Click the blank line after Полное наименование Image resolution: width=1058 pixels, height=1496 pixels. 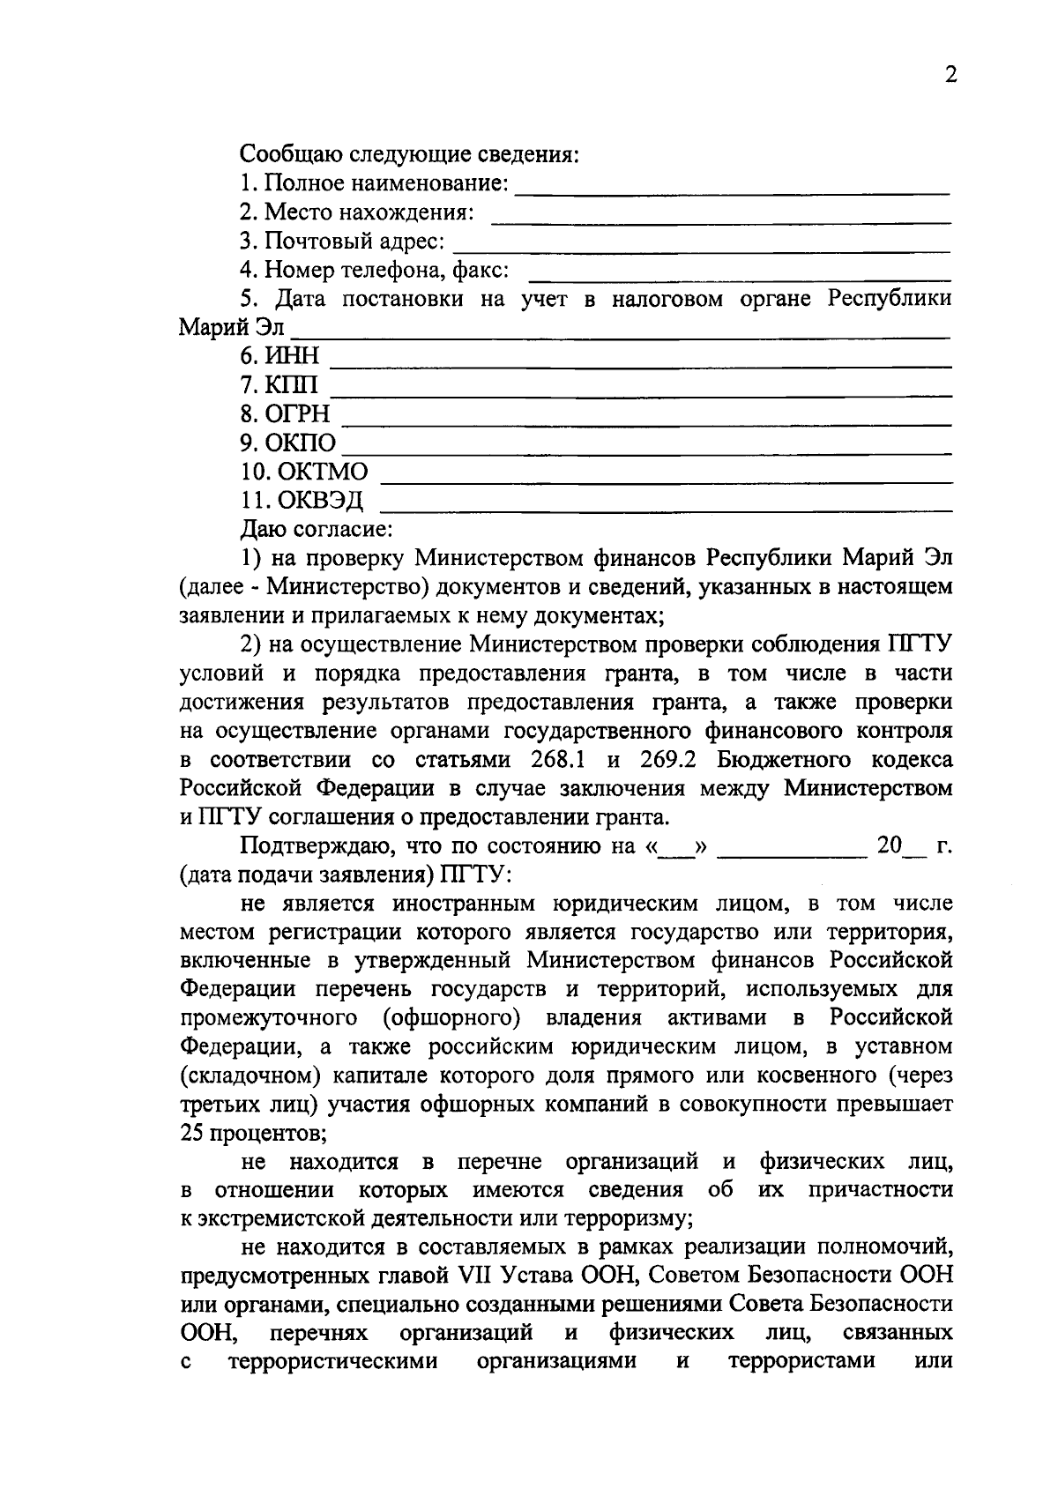click(732, 191)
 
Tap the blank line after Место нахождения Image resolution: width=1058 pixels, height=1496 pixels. click(720, 220)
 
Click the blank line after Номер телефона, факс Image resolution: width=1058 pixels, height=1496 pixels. click(739, 278)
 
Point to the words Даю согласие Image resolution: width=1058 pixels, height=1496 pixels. click(316, 530)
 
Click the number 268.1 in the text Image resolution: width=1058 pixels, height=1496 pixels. click(560, 760)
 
